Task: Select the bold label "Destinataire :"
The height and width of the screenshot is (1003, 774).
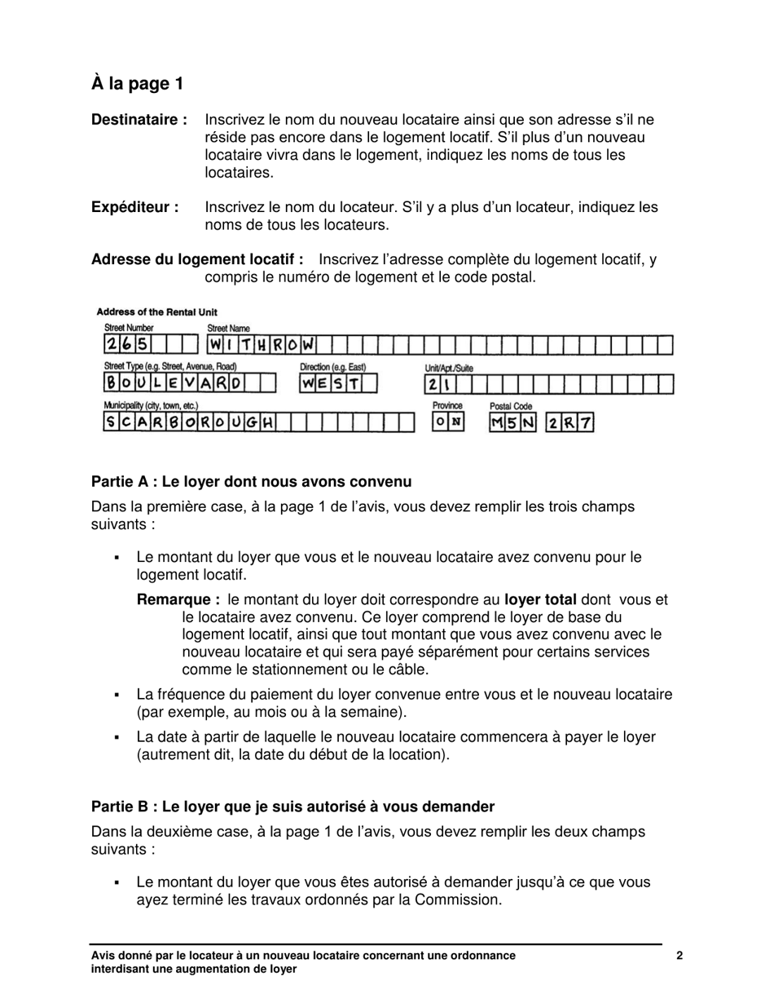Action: coord(139,120)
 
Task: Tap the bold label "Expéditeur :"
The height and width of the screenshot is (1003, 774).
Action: coord(135,207)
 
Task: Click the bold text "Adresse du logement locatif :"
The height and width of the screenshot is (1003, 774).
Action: coord(197,259)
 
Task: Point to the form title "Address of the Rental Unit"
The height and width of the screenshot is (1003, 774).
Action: coord(156,312)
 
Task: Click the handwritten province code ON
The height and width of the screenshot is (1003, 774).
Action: coord(448,422)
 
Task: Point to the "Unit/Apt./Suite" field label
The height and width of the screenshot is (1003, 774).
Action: coord(449,369)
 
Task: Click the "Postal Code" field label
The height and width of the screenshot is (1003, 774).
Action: coord(511,406)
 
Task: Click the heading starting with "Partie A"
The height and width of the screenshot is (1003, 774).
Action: coord(251,481)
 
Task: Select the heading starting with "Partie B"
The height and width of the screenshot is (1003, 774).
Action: coord(292,806)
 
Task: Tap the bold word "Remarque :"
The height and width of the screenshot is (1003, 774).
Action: coord(178,599)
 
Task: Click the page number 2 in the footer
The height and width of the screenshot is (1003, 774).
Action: coord(679,957)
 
